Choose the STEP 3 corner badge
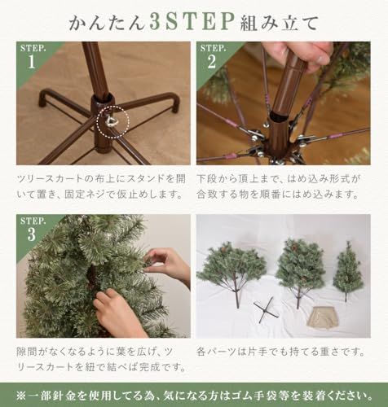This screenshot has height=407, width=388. pyautogui.click(x=31, y=229)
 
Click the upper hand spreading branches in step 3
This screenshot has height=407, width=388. pyautogui.click(x=168, y=264)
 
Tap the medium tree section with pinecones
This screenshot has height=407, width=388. pyautogui.click(x=299, y=265)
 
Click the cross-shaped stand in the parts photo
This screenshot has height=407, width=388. pyautogui.click(x=266, y=309)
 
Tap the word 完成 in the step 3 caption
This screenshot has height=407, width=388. pyautogui.click(x=145, y=368)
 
